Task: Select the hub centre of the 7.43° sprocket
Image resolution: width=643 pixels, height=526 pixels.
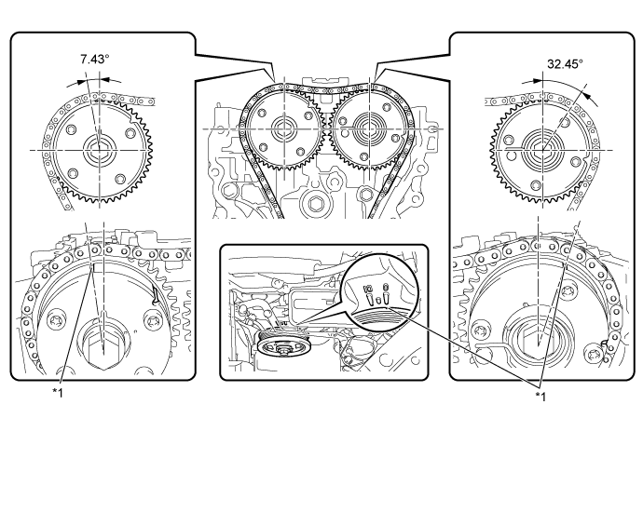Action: pos(98,148)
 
